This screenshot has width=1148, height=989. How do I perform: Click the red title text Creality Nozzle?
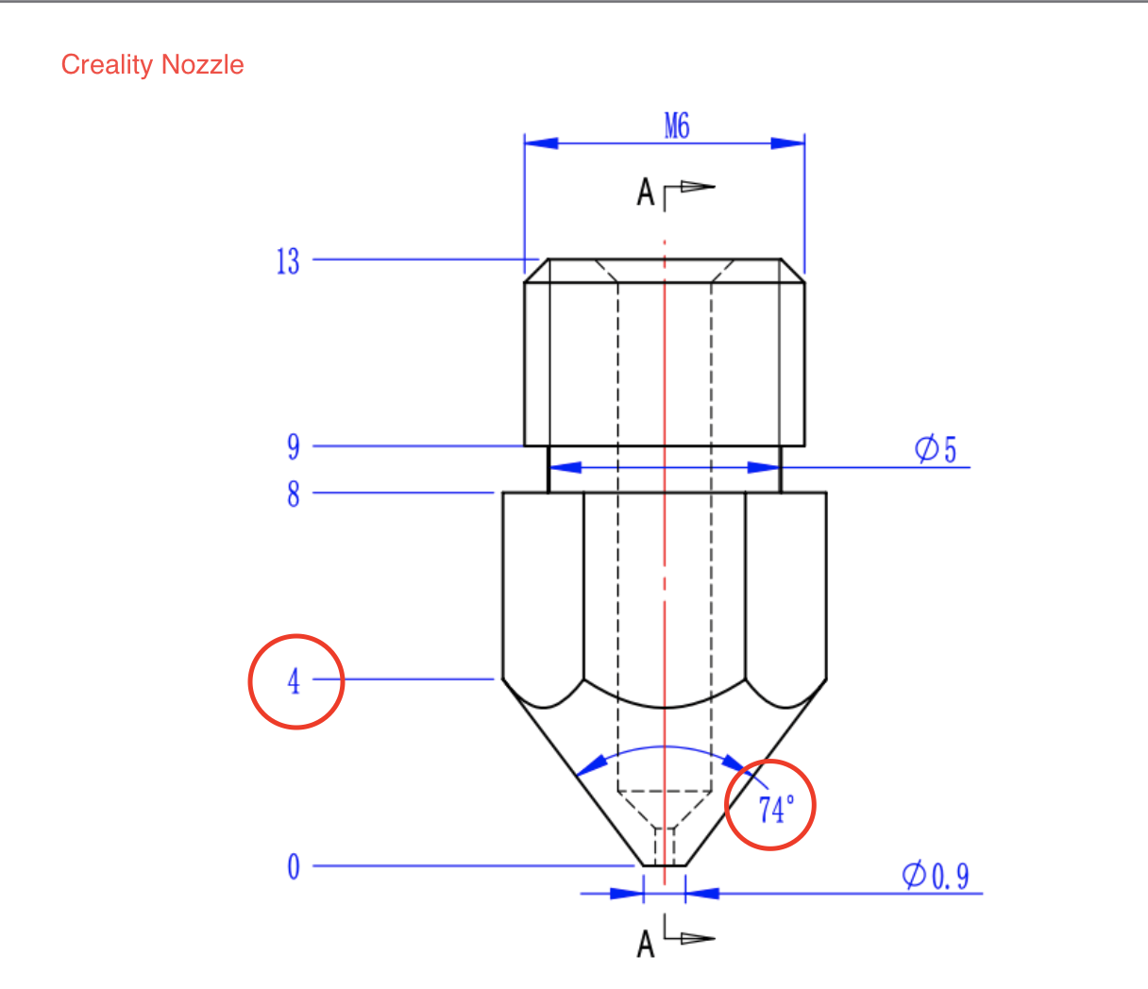point(152,65)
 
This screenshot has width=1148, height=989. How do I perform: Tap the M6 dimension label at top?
point(677,126)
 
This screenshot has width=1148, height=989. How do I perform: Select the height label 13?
point(288,261)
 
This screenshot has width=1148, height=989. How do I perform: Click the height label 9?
point(294,446)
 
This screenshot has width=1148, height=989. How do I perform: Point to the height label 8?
point(294,494)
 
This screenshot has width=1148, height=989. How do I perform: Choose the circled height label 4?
point(295,680)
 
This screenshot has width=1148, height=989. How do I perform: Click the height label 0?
point(294,866)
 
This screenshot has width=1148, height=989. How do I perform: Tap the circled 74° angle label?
point(775,809)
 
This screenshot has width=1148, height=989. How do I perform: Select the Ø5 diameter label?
point(936,450)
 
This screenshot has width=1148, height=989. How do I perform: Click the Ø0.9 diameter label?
point(936,877)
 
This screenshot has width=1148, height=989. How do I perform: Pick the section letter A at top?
point(646,193)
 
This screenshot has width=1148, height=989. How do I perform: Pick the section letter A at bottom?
point(646,944)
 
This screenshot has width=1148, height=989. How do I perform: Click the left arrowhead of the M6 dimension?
point(541,143)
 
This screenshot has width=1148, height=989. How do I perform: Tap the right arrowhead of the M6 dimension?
point(788,143)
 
